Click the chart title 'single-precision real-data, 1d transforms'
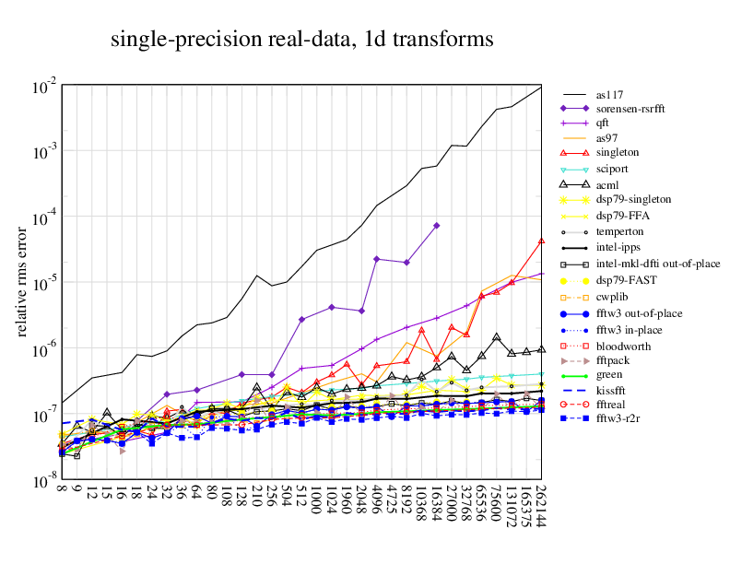(x=301, y=40)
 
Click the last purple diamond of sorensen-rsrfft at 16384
(x=436, y=226)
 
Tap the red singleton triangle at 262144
(x=541, y=241)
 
